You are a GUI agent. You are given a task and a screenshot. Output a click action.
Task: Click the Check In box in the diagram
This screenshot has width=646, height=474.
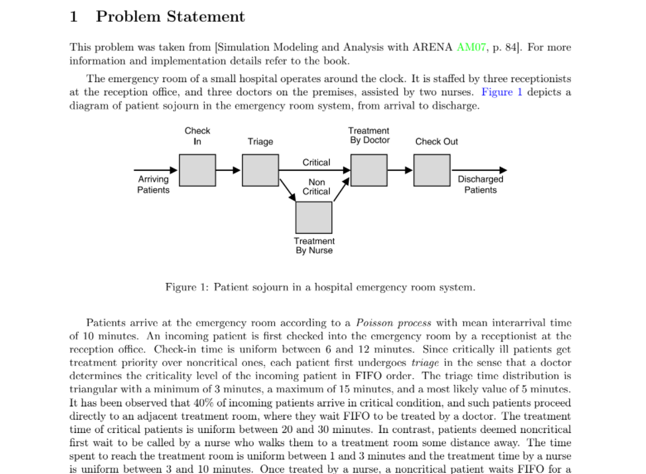tap(197, 170)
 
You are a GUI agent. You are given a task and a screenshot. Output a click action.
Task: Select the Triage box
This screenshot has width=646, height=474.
tap(260, 170)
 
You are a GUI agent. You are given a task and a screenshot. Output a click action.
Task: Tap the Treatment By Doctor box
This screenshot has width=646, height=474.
tap(369, 170)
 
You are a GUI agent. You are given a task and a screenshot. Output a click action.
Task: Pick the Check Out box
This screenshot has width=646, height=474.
tap(432, 170)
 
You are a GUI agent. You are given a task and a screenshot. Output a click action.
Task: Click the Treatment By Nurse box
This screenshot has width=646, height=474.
tap(313, 217)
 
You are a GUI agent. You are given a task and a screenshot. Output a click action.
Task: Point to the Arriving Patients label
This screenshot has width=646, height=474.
tap(153, 184)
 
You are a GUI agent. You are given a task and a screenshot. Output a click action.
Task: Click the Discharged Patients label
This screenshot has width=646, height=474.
tap(480, 184)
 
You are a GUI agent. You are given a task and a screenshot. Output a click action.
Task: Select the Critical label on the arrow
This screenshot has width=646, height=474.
tap(316, 162)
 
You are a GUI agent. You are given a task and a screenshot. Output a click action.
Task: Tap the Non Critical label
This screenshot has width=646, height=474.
tap(317, 186)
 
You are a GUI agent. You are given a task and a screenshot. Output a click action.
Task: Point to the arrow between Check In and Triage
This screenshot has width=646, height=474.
tap(229, 170)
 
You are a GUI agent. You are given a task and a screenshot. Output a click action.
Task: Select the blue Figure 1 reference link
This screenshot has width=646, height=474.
tap(502, 92)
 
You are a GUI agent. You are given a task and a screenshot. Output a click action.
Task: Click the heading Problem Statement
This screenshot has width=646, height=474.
tap(170, 17)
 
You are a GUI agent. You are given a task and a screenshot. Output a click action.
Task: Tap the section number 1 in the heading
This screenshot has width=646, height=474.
tap(74, 17)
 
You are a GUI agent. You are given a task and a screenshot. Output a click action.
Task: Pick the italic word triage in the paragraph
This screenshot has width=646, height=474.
tap(424, 363)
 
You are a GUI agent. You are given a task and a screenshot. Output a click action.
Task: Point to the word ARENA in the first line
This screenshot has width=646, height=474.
tap(433, 48)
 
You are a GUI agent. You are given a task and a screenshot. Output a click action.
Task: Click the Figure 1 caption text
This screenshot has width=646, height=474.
tap(320, 288)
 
